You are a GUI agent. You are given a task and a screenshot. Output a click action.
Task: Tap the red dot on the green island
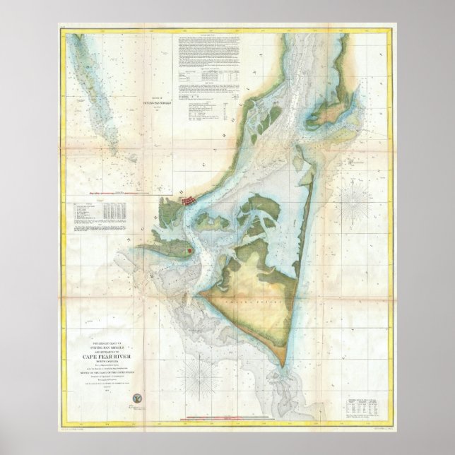(191, 249)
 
